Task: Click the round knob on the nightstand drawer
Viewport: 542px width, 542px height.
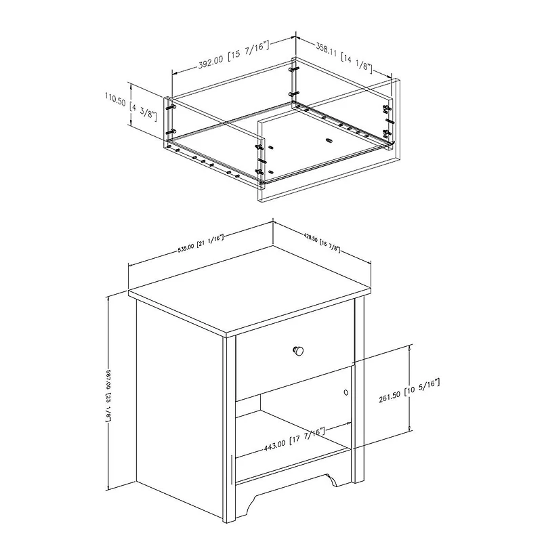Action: tap(298, 350)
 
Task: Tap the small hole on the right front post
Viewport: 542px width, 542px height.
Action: tap(346, 391)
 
